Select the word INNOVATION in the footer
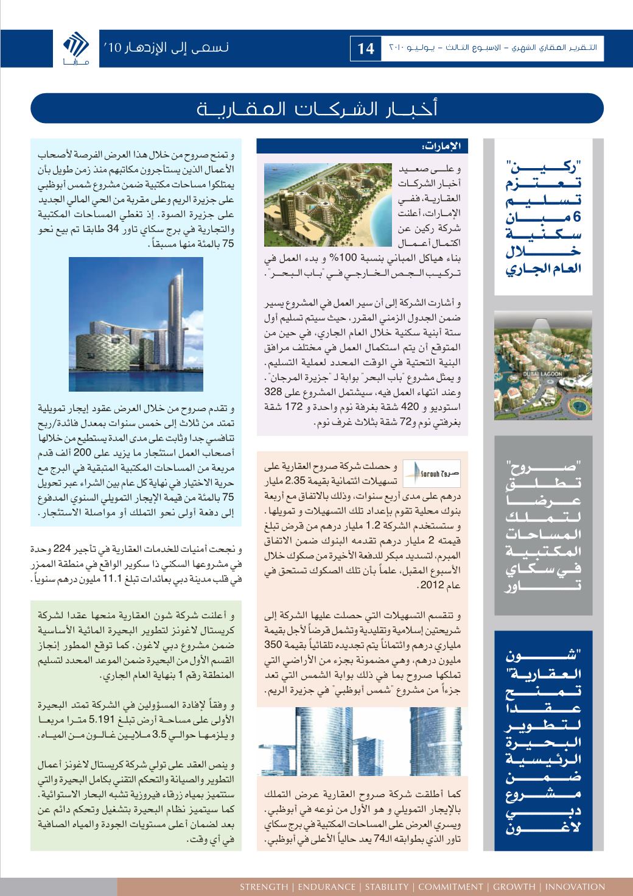[576, 887]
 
